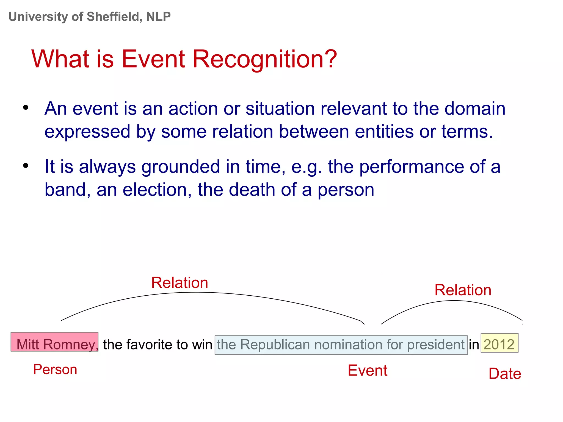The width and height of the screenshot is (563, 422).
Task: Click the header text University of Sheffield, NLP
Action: click(90, 17)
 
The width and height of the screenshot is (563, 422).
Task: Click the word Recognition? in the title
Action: click(264, 59)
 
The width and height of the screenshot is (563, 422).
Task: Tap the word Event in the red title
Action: click(153, 59)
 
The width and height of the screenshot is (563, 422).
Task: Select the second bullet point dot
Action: click(26, 166)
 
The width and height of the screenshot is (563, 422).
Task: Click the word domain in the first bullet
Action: click(475, 109)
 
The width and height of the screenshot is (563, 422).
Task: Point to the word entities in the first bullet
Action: click(384, 131)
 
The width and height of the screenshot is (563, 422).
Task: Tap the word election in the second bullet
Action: click(157, 190)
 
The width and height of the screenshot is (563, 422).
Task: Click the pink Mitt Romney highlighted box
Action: click(54, 342)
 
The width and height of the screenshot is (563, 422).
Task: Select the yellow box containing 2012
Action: click(499, 343)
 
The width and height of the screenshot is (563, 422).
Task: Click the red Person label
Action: click(55, 370)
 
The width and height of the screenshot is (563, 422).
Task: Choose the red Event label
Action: click(368, 371)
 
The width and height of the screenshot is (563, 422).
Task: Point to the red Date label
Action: click(505, 374)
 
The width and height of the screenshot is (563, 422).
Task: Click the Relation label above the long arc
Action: click(180, 283)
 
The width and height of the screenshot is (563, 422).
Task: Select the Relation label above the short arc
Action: click(463, 290)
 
